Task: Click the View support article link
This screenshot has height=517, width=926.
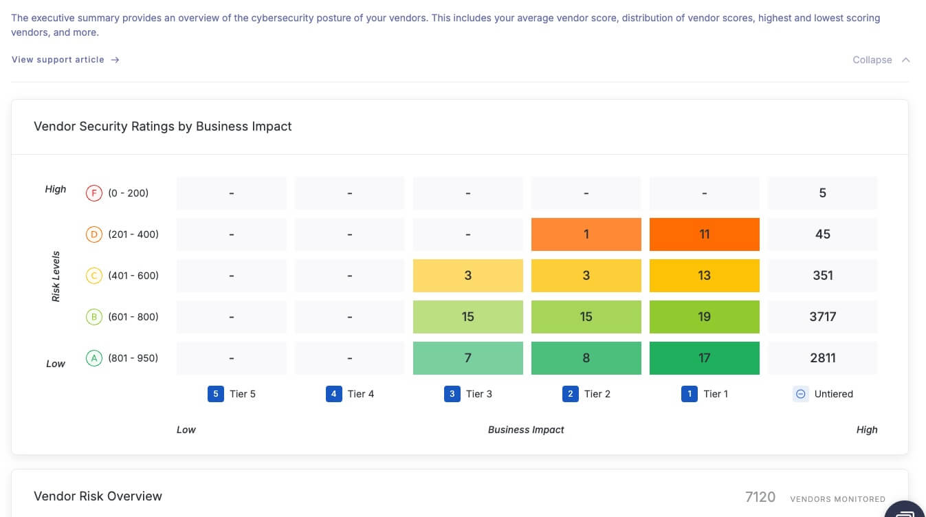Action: [65, 60]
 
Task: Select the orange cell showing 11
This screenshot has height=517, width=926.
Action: [704, 234]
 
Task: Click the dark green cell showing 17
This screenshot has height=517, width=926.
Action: [704, 358]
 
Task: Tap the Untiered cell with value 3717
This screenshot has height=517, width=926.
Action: [822, 317]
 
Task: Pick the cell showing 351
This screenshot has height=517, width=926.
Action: [822, 276]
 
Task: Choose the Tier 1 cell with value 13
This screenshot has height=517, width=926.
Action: [704, 276]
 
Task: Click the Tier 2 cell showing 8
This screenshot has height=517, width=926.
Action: [586, 358]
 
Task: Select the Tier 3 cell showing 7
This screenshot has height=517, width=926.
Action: [467, 358]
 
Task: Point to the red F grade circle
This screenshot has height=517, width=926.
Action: [93, 193]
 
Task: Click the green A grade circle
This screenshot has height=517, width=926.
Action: [93, 358]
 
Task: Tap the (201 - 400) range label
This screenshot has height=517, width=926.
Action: [133, 234]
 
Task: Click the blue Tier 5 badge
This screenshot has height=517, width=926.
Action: [216, 394]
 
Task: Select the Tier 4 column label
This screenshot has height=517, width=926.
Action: [360, 394]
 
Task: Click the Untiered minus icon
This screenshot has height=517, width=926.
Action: [800, 394]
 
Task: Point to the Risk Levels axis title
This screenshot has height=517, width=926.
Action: [56, 276]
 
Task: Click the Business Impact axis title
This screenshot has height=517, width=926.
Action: [526, 430]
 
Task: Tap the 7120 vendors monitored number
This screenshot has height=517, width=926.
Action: [760, 497]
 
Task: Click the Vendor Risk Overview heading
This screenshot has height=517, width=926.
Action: [98, 496]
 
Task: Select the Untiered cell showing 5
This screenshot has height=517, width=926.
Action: [822, 193]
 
